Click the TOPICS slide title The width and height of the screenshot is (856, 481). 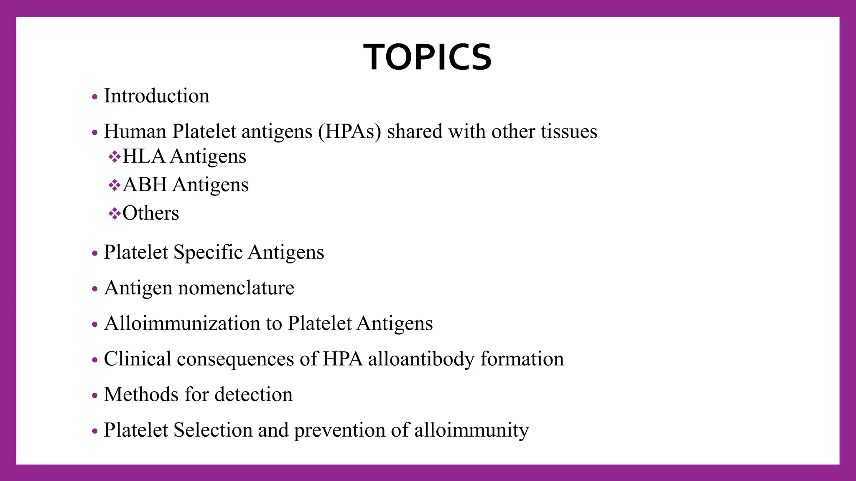428,57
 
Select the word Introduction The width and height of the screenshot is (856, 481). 156,96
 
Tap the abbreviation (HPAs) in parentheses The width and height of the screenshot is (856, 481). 349,132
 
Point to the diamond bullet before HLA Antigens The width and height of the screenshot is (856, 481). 114,157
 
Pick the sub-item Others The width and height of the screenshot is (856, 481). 150,213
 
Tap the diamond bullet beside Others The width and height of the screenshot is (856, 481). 114,214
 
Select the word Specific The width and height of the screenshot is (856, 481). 208,252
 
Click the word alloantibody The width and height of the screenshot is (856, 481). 421,359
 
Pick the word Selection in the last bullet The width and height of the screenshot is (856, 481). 213,430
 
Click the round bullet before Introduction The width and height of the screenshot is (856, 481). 95,97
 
